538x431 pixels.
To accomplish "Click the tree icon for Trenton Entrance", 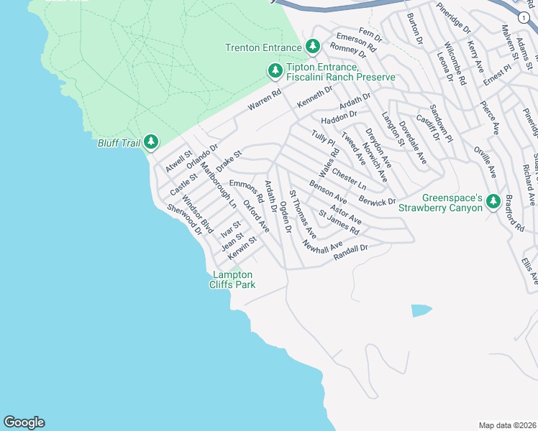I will click(313, 47).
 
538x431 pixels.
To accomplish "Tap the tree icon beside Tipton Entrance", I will click(275, 70).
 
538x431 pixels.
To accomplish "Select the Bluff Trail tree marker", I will click(151, 142).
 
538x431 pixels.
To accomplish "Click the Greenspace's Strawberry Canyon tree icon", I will click(493, 201).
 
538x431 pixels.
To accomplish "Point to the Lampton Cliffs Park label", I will click(232, 279).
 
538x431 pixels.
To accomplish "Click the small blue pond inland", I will click(421, 310).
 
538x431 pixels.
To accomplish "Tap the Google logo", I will click(24, 422).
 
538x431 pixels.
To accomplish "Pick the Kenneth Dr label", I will click(315, 99).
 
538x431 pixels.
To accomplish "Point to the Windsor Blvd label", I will click(197, 213).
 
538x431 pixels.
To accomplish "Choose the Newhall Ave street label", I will click(322, 246).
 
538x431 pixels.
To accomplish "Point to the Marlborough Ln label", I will click(218, 185).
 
